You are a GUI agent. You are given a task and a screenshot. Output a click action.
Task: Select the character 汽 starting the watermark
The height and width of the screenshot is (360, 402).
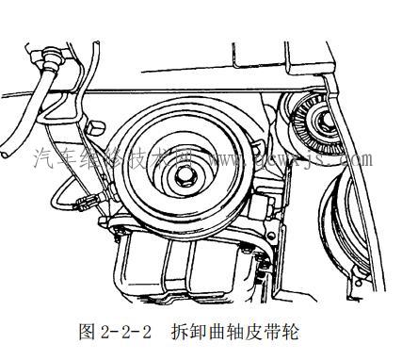click(43, 159)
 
